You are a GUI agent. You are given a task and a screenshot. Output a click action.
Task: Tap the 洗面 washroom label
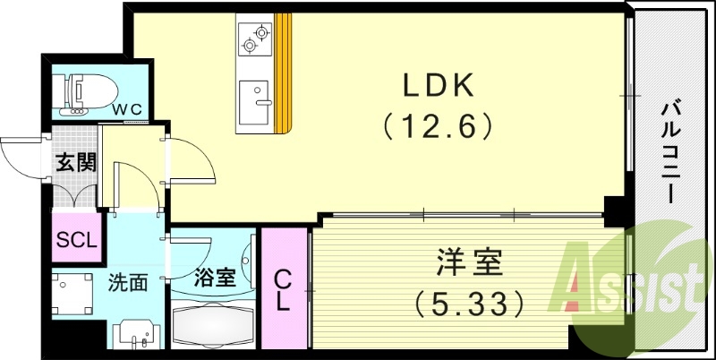[x=128, y=283]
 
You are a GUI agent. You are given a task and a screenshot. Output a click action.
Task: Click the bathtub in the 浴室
[x=214, y=324]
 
